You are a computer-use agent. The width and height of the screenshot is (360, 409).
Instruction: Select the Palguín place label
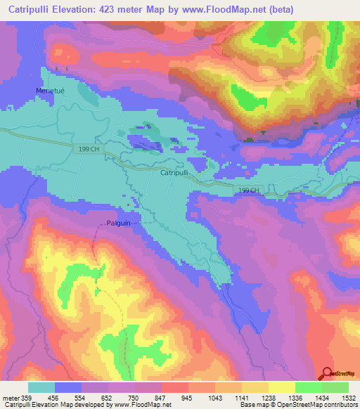click(119, 222)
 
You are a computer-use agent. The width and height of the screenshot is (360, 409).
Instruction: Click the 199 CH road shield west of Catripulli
click(89, 150)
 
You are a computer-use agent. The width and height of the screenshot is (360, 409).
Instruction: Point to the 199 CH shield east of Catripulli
click(248, 190)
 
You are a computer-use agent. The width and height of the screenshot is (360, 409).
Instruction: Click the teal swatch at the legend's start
click(41, 387)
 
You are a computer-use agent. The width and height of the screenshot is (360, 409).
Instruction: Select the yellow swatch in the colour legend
click(281, 387)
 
